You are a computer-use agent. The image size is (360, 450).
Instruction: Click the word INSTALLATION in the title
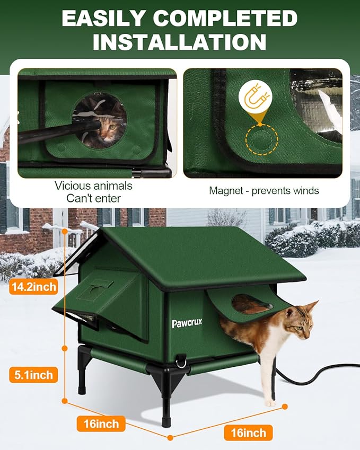pyautogui.click(x=179, y=41)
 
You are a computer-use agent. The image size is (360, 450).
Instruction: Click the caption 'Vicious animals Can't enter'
pyautogui.click(x=93, y=192)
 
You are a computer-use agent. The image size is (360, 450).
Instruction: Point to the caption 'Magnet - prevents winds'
pyautogui.click(x=264, y=190)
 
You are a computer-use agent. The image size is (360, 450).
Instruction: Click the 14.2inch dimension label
pyautogui.click(x=33, y=287)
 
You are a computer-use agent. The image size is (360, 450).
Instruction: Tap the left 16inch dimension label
pyautogui.click(x=101, y=423)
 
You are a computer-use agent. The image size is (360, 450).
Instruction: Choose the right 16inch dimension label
pyautogui.click(x=248, y=433)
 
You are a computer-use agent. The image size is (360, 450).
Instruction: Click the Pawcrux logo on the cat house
pyautogui.click(x=187, y=323)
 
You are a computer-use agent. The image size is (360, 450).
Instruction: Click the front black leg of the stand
pyautogui.click(x=165, y=408)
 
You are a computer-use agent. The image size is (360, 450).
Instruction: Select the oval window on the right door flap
pyautogui.click(x=252, y=304)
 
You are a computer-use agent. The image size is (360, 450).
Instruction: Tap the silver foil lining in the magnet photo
pyautogui.click(x=318, y=101)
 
